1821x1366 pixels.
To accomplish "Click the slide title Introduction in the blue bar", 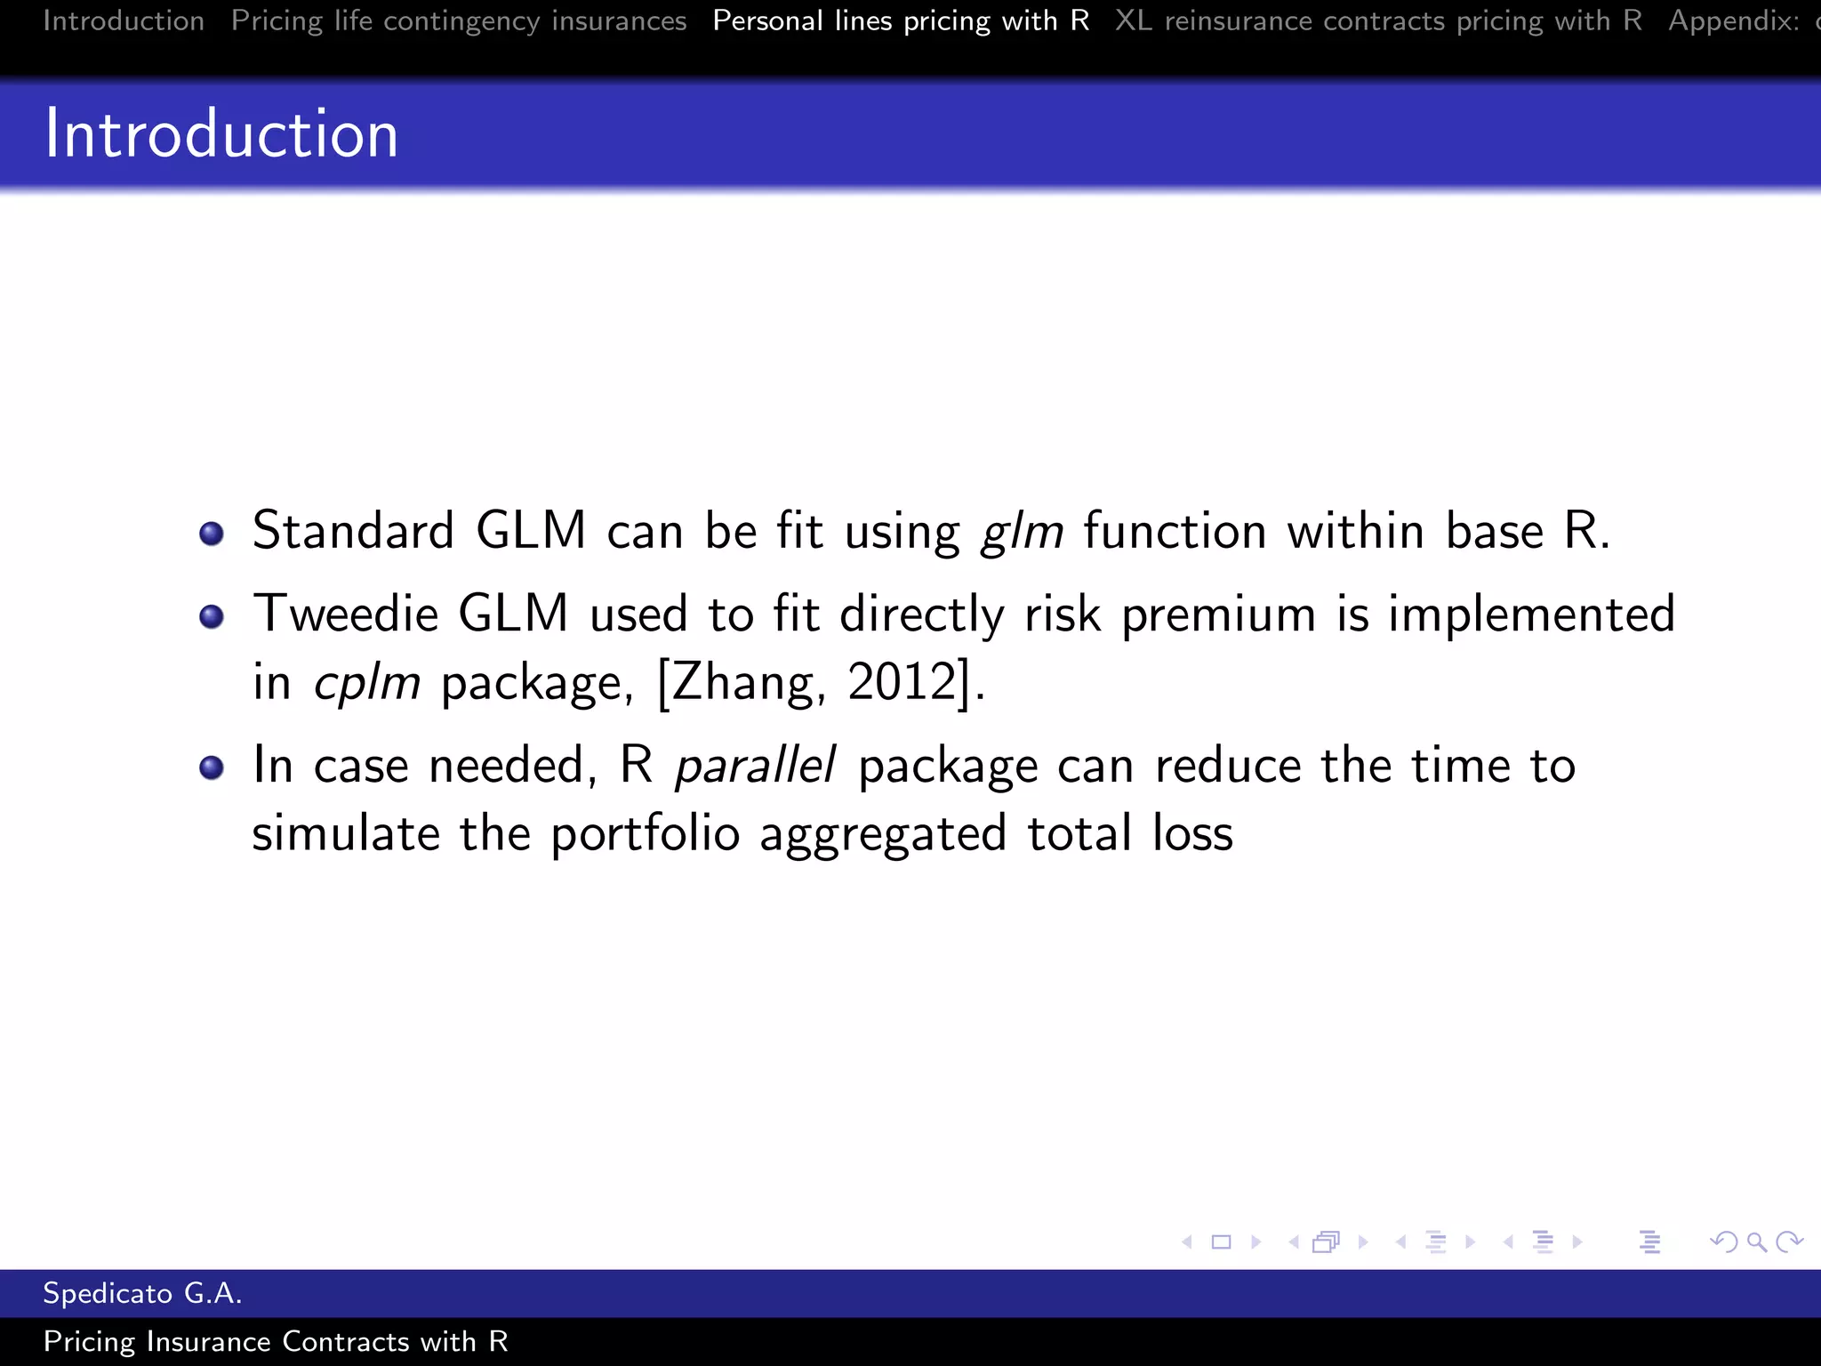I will click(x=221, y=134).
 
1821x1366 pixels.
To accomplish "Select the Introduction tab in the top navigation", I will click(x=124, y=20).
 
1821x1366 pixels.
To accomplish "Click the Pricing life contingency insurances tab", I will click(x=459, y=20).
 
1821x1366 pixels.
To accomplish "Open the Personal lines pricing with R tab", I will click(x=901, y=20).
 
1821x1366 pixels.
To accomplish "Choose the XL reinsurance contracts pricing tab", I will click(x=1378, y=20).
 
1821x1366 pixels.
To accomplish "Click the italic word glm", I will click(x=1022, y=532).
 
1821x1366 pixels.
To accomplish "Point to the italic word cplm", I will click(x=366, y=683).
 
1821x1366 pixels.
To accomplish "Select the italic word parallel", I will click(x=755, y=765).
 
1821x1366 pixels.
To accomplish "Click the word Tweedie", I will click(x=346, y=614).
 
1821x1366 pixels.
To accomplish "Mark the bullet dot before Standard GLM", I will click(x=212, y=534).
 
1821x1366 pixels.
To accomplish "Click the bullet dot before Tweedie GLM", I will click(x=212, y=616).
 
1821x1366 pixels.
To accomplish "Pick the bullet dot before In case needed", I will click(x=212, y=767).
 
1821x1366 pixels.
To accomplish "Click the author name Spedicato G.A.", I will click(x=142, y=1293).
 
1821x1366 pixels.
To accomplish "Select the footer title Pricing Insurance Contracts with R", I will click(x=276, y=1341).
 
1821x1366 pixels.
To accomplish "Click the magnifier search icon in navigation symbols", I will click(x=1756, y=1241).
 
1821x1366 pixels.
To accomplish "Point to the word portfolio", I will click(x=645, y=834).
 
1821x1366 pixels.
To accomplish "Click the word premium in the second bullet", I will click(x=1218, y=615).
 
